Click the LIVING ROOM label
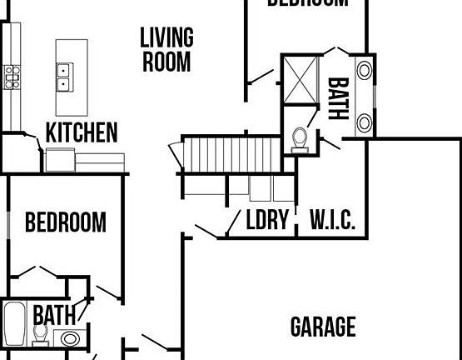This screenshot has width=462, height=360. tap(166, 49)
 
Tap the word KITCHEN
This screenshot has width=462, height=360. tap(81, 132)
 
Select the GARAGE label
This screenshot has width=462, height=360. tap(323, 327)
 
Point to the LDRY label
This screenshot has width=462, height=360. tap(267, 221)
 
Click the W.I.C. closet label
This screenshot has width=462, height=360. tap(333, 221)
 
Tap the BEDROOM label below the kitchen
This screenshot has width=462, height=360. tap(66, 222)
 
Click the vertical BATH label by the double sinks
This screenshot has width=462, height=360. tap(338, 98)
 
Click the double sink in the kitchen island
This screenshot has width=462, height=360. tap(63, 77)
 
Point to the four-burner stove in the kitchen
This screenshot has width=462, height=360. tap(12, 77)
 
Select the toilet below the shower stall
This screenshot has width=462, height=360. tap(301, 138)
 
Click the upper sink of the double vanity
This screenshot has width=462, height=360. tap(365, 70)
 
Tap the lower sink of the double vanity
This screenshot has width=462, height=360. tap(365, 123)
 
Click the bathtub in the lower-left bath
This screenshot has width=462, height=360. tap(15, 324)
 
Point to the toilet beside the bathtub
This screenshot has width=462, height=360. tap(39, 333)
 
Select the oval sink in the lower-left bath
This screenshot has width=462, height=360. tap(70, 338)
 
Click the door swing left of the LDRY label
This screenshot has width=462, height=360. tap(209, 228)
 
